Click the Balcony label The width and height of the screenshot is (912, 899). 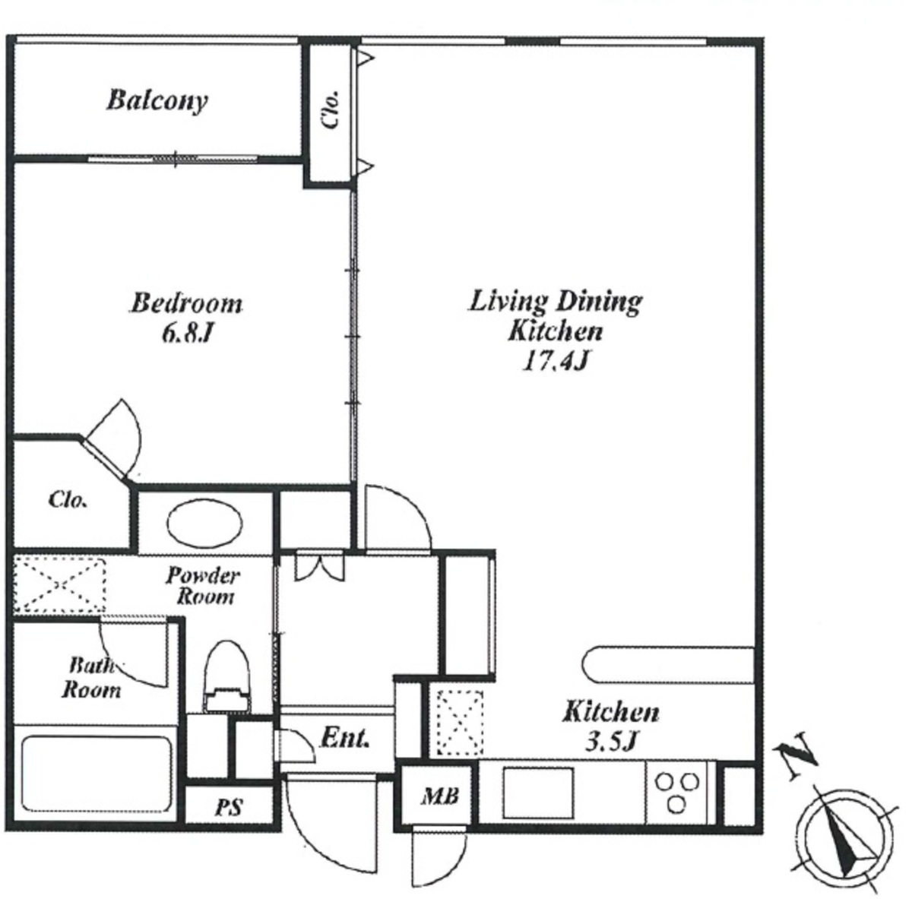tap(157, 101)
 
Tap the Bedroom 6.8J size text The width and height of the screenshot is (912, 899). tap(185, 334)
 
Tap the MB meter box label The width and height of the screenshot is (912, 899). tap(440, 796)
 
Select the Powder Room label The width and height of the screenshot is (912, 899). tap(204, 586)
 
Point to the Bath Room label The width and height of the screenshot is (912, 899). tap(91, 679)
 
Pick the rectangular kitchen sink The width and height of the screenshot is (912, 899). tap(538, 793)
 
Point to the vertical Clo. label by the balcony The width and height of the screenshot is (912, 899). tap(331, 109)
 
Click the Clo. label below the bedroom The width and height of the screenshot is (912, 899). tap(68, 500)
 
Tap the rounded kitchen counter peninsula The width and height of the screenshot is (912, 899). tap(668, 665)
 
